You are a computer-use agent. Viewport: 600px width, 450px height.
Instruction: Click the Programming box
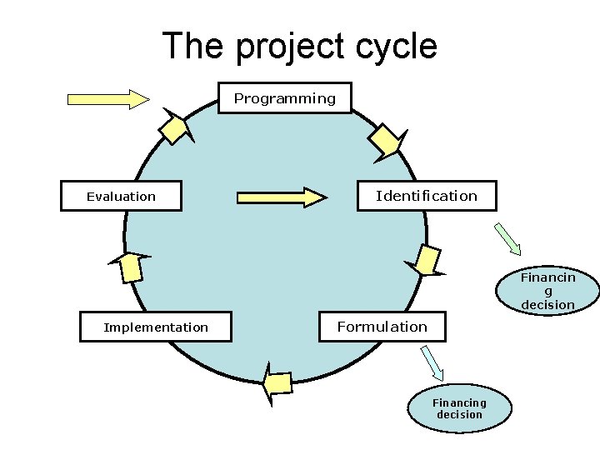[x=284, y=98]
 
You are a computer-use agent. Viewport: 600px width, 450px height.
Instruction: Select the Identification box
[x=427, y=196]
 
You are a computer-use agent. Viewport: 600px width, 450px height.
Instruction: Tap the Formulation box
[x=382, y=327]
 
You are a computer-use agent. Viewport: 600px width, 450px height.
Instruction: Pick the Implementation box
[x=156, y=327]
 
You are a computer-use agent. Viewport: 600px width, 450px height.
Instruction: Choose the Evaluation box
[x=121, y=197]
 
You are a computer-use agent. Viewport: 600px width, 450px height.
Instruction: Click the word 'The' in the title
[x=193, y=46]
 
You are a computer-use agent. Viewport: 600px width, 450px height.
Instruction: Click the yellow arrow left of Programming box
[x=107, y=99]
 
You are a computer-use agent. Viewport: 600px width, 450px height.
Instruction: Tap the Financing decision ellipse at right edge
[x=547, y=291]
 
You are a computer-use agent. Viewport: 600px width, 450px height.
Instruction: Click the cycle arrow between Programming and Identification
[x=387, y=139]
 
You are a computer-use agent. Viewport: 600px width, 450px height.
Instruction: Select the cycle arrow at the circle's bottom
[x=277, y=383]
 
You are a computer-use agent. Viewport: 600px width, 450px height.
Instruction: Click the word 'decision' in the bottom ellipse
[x=459, y=414]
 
